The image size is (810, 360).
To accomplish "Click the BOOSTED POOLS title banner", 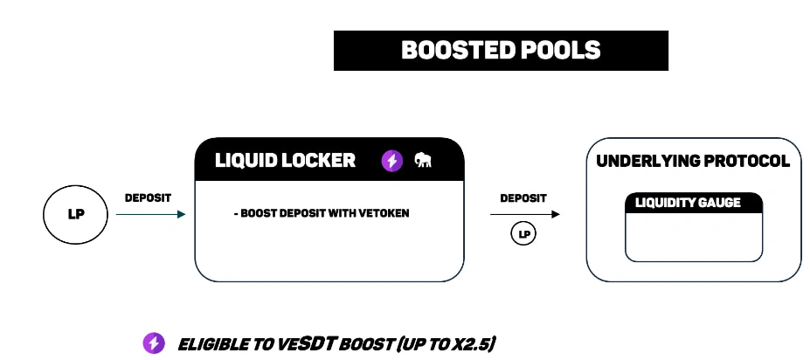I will tap(501, 51).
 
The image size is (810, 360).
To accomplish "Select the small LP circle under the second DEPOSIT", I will tap(523, 234).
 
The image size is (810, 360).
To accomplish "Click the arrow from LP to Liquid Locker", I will tap(150, 213).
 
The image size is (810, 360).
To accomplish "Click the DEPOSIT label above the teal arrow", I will tap(149, 198).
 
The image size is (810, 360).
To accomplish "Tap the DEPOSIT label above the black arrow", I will tap(523, 198).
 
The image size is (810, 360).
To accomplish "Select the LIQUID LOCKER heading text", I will tap(286, 161).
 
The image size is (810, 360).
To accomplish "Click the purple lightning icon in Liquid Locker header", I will tap(391, 161).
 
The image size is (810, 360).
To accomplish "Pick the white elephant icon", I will tap(424, 161).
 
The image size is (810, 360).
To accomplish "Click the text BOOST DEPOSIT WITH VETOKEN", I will tap(322, 213).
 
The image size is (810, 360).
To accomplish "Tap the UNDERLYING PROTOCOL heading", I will tap(693, 161).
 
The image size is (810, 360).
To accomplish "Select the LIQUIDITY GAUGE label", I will tap(689, 203).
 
